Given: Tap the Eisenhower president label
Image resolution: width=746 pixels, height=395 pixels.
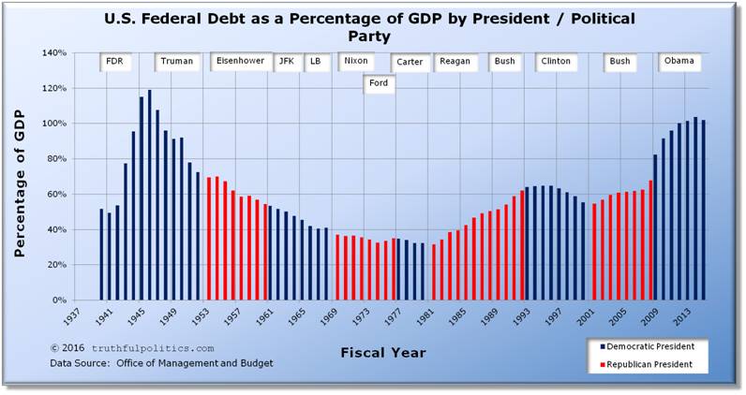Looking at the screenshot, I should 240,61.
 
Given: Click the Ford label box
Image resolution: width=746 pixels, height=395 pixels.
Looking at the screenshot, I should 380,83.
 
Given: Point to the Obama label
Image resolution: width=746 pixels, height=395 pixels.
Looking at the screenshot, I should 679,61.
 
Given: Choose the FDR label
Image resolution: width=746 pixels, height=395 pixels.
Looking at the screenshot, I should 114,62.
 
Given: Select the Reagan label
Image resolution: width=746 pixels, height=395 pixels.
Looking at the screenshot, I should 455,62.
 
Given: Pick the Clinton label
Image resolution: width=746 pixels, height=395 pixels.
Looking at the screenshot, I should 556,62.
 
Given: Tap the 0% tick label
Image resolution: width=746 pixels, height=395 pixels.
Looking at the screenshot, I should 59,300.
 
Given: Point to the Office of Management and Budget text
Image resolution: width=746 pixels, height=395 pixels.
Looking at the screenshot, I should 206,362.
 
